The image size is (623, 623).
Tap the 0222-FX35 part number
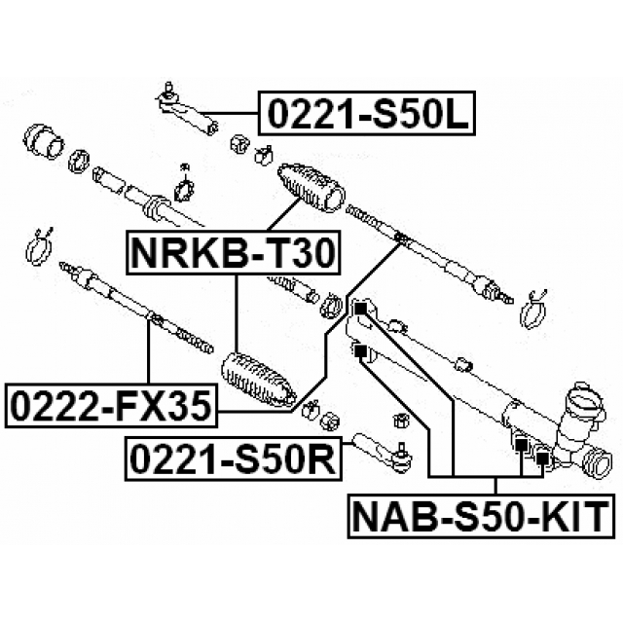[x=109, y=405]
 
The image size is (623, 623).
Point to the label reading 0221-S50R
[x=233, y=458]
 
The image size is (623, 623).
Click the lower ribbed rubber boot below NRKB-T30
[x=259, y=380]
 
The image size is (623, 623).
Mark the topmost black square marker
[x=359, y=310]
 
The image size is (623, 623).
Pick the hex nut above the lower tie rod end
[x=398, y=421]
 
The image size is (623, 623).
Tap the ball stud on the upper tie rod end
[x=166, y=90]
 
